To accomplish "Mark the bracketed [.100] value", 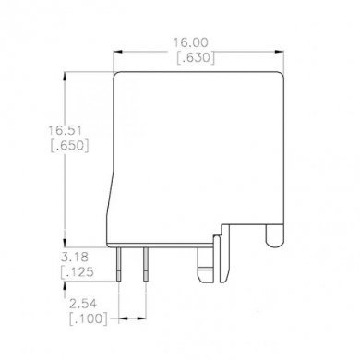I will (89, 318).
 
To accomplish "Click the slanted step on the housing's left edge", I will (114, 194).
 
